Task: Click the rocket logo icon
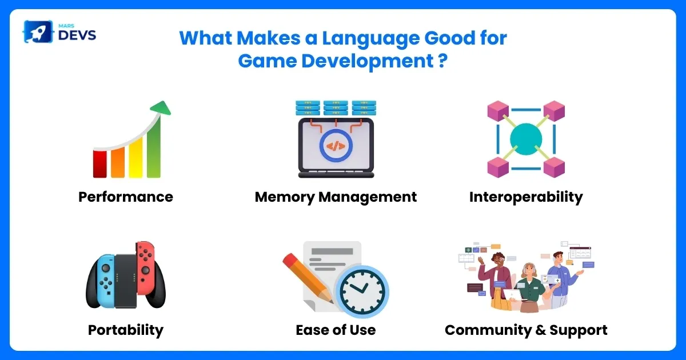click(38, 31)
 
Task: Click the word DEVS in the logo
click(77, 35)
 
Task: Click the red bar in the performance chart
click(100, 164)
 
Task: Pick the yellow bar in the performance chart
click(135, 158)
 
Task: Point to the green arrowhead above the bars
click(161, 108)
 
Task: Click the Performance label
click(126, 197)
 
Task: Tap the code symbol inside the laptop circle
click(336, 146)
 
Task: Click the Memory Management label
click(336, 197)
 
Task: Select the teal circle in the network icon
click(526, 139)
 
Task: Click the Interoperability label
click(526, 197)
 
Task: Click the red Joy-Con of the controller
click(146, 267)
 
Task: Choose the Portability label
click(126, 330)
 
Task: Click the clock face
click(362, 291)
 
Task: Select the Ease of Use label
click(336, 330)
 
